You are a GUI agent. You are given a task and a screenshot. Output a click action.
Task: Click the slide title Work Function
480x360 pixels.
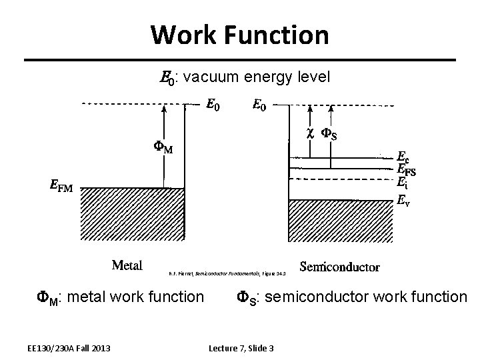pyautogui.click(x=239, y=35)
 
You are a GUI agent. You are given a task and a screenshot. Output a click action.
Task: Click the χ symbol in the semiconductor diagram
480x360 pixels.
pyautogui.click(x=309, y=134)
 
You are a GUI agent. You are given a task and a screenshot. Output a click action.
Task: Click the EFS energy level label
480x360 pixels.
pyautogui.click(x=407, y=170)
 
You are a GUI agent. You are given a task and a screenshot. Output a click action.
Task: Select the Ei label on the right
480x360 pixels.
pyautogui.click(x=401, y=182)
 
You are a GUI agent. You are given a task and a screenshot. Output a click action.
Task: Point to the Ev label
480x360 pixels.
pyautogui.click(x=403, y=199)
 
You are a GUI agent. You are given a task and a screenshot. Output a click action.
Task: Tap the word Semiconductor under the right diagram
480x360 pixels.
pyautogui.click(x=340, y=267)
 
